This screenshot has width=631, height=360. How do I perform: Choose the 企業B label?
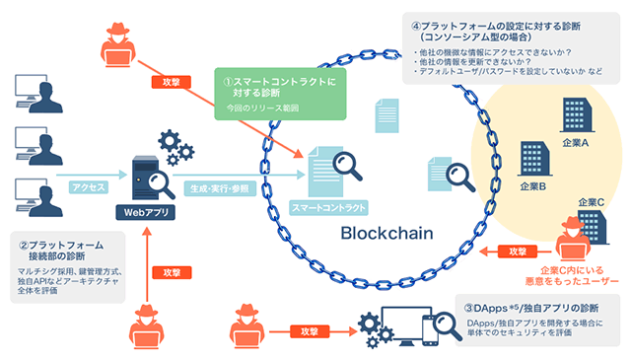click(531, 186)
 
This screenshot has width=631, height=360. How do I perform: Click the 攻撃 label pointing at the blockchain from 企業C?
click(516, 252)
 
